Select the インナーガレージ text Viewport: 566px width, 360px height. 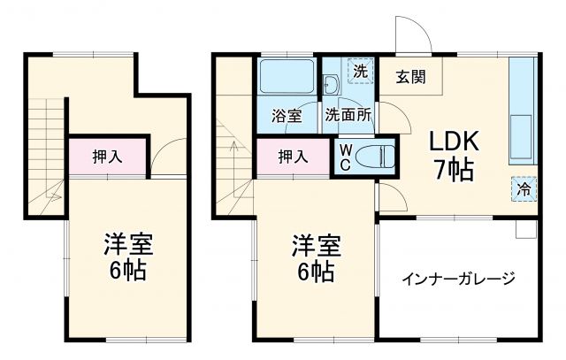click(458, 279)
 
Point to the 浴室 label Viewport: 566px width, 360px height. click(287, 115)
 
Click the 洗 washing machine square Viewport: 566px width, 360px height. click(359, 70)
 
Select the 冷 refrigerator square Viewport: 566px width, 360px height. click(524, 188)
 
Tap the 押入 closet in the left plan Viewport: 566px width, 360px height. click(107, 157)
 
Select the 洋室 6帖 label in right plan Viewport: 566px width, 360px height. click(314, 257)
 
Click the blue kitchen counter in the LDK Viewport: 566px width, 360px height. click(523, 111)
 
